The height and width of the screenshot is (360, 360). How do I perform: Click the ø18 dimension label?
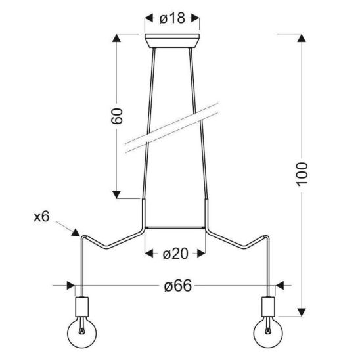172,18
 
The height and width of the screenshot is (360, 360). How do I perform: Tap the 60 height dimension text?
117,116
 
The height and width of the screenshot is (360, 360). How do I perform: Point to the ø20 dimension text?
175,254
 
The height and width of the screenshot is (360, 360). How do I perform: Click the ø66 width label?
178,286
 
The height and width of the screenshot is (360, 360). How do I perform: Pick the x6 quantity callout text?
41,217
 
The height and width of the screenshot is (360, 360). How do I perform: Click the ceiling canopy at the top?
172,41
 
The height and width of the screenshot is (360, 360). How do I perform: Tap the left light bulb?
81,333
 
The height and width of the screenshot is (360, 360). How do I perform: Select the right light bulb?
268,333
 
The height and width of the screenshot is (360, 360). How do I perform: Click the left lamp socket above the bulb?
82,307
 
